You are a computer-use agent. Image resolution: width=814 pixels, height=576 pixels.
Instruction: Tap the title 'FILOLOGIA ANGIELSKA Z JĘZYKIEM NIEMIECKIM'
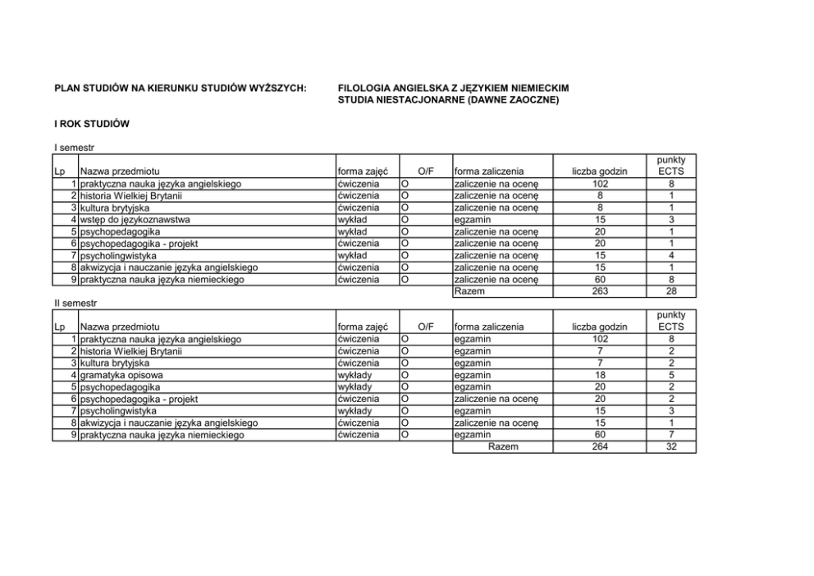point(454,88)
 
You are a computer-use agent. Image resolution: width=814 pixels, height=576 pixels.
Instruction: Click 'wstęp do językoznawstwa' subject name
point(135,220)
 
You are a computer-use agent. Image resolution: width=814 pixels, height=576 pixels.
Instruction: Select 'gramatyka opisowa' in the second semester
point(121,375)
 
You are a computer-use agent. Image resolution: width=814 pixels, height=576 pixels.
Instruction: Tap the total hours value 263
point(600,291)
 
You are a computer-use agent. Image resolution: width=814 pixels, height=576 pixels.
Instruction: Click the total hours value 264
point(600,446)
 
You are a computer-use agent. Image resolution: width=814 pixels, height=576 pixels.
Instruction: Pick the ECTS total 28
point(671,291)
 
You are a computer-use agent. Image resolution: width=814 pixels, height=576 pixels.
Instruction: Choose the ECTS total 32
point(671,446)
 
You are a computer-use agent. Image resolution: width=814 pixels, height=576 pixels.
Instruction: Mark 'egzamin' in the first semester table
point(472,220)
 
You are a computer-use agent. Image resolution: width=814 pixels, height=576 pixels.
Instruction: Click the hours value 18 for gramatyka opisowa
point(600,375)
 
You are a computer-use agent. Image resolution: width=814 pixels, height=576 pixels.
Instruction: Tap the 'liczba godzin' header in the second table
point(600,327)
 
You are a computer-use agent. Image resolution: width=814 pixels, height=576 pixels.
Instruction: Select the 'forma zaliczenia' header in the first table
point(488,171)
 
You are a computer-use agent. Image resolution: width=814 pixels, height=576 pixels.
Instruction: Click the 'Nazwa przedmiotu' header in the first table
point(119,171)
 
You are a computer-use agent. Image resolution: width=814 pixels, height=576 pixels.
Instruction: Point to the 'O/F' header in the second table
point(425,327)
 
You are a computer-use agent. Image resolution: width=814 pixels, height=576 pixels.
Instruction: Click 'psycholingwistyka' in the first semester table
point(118,255)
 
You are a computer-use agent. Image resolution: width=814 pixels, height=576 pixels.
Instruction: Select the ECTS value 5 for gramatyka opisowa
point(671,375)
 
